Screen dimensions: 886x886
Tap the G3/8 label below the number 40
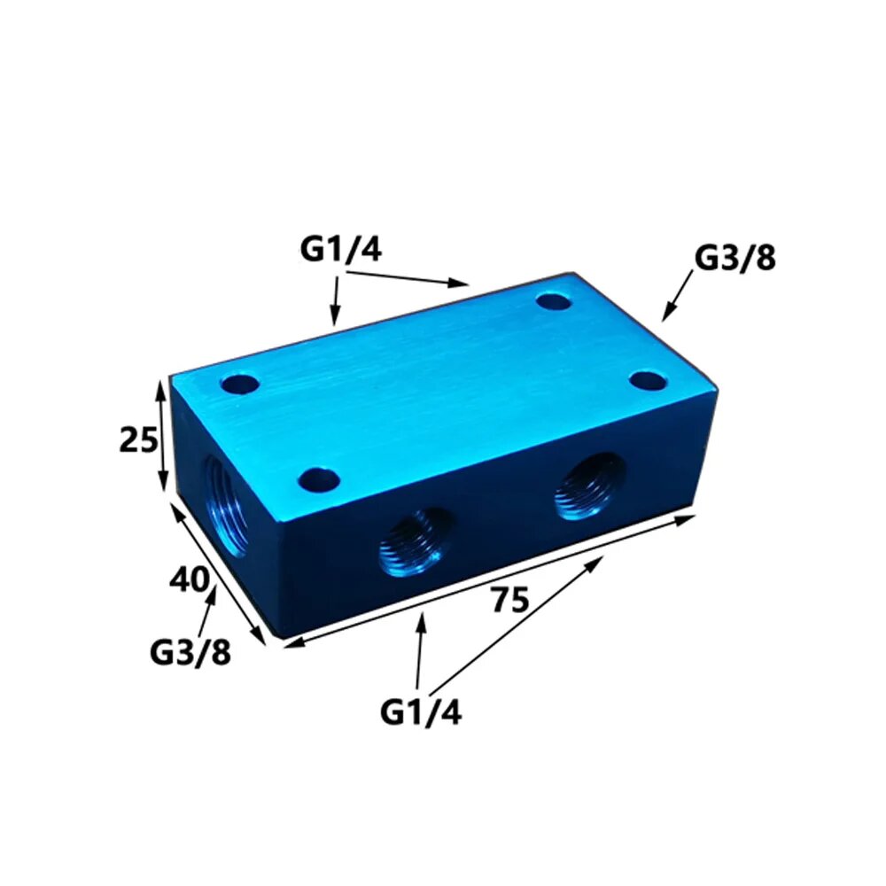point(190,652)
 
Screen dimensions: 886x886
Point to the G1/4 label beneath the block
point(421,711)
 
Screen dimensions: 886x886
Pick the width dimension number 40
point(190,582)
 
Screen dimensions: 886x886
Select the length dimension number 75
point(509,601)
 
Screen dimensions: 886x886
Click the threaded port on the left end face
point(224,503)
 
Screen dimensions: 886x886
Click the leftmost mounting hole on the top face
point(239,385)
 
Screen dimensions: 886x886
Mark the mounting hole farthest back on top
point(556,302)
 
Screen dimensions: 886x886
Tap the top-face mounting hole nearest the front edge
point(319,481)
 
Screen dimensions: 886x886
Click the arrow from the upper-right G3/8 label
point(679,296)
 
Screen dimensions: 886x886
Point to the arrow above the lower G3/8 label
point(209,610)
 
